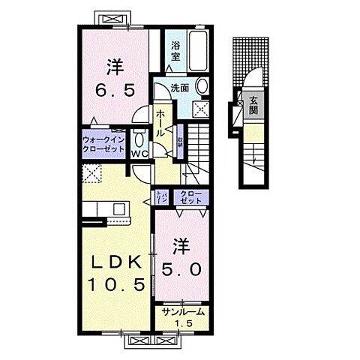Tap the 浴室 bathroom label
coord(175,50)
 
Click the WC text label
coord(139,154)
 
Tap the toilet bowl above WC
coord(139,140)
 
